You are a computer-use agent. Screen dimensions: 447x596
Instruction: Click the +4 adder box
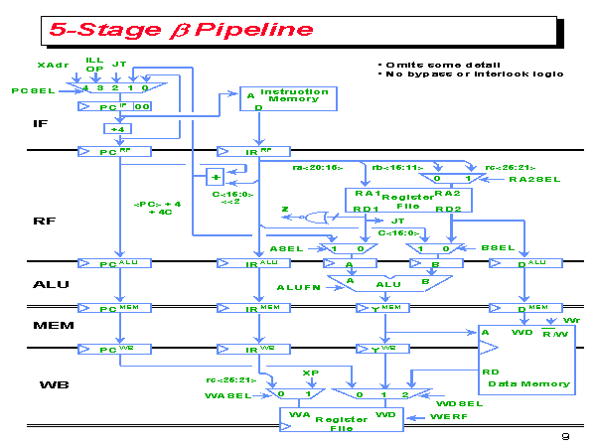click(117, 128)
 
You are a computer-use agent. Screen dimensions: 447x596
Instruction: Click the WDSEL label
click(460, 403)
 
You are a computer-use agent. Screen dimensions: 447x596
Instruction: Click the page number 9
click(564, 436)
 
